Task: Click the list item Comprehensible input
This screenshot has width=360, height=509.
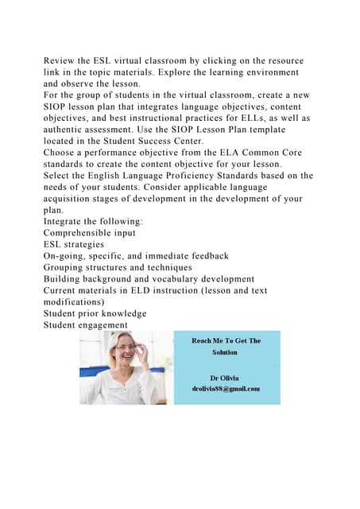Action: point(90,234)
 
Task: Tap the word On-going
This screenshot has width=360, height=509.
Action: point(67,256)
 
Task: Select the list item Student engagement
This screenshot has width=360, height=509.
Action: point(85,324)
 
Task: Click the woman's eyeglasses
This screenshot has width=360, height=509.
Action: point(126,348)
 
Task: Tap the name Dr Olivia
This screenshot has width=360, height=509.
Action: point(225,377)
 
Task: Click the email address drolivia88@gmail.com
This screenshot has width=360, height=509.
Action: point(226,388)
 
